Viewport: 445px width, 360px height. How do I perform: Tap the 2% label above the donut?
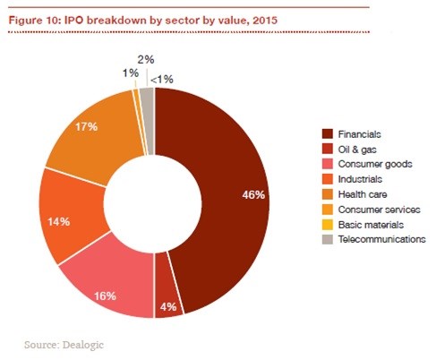coord(144,59)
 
